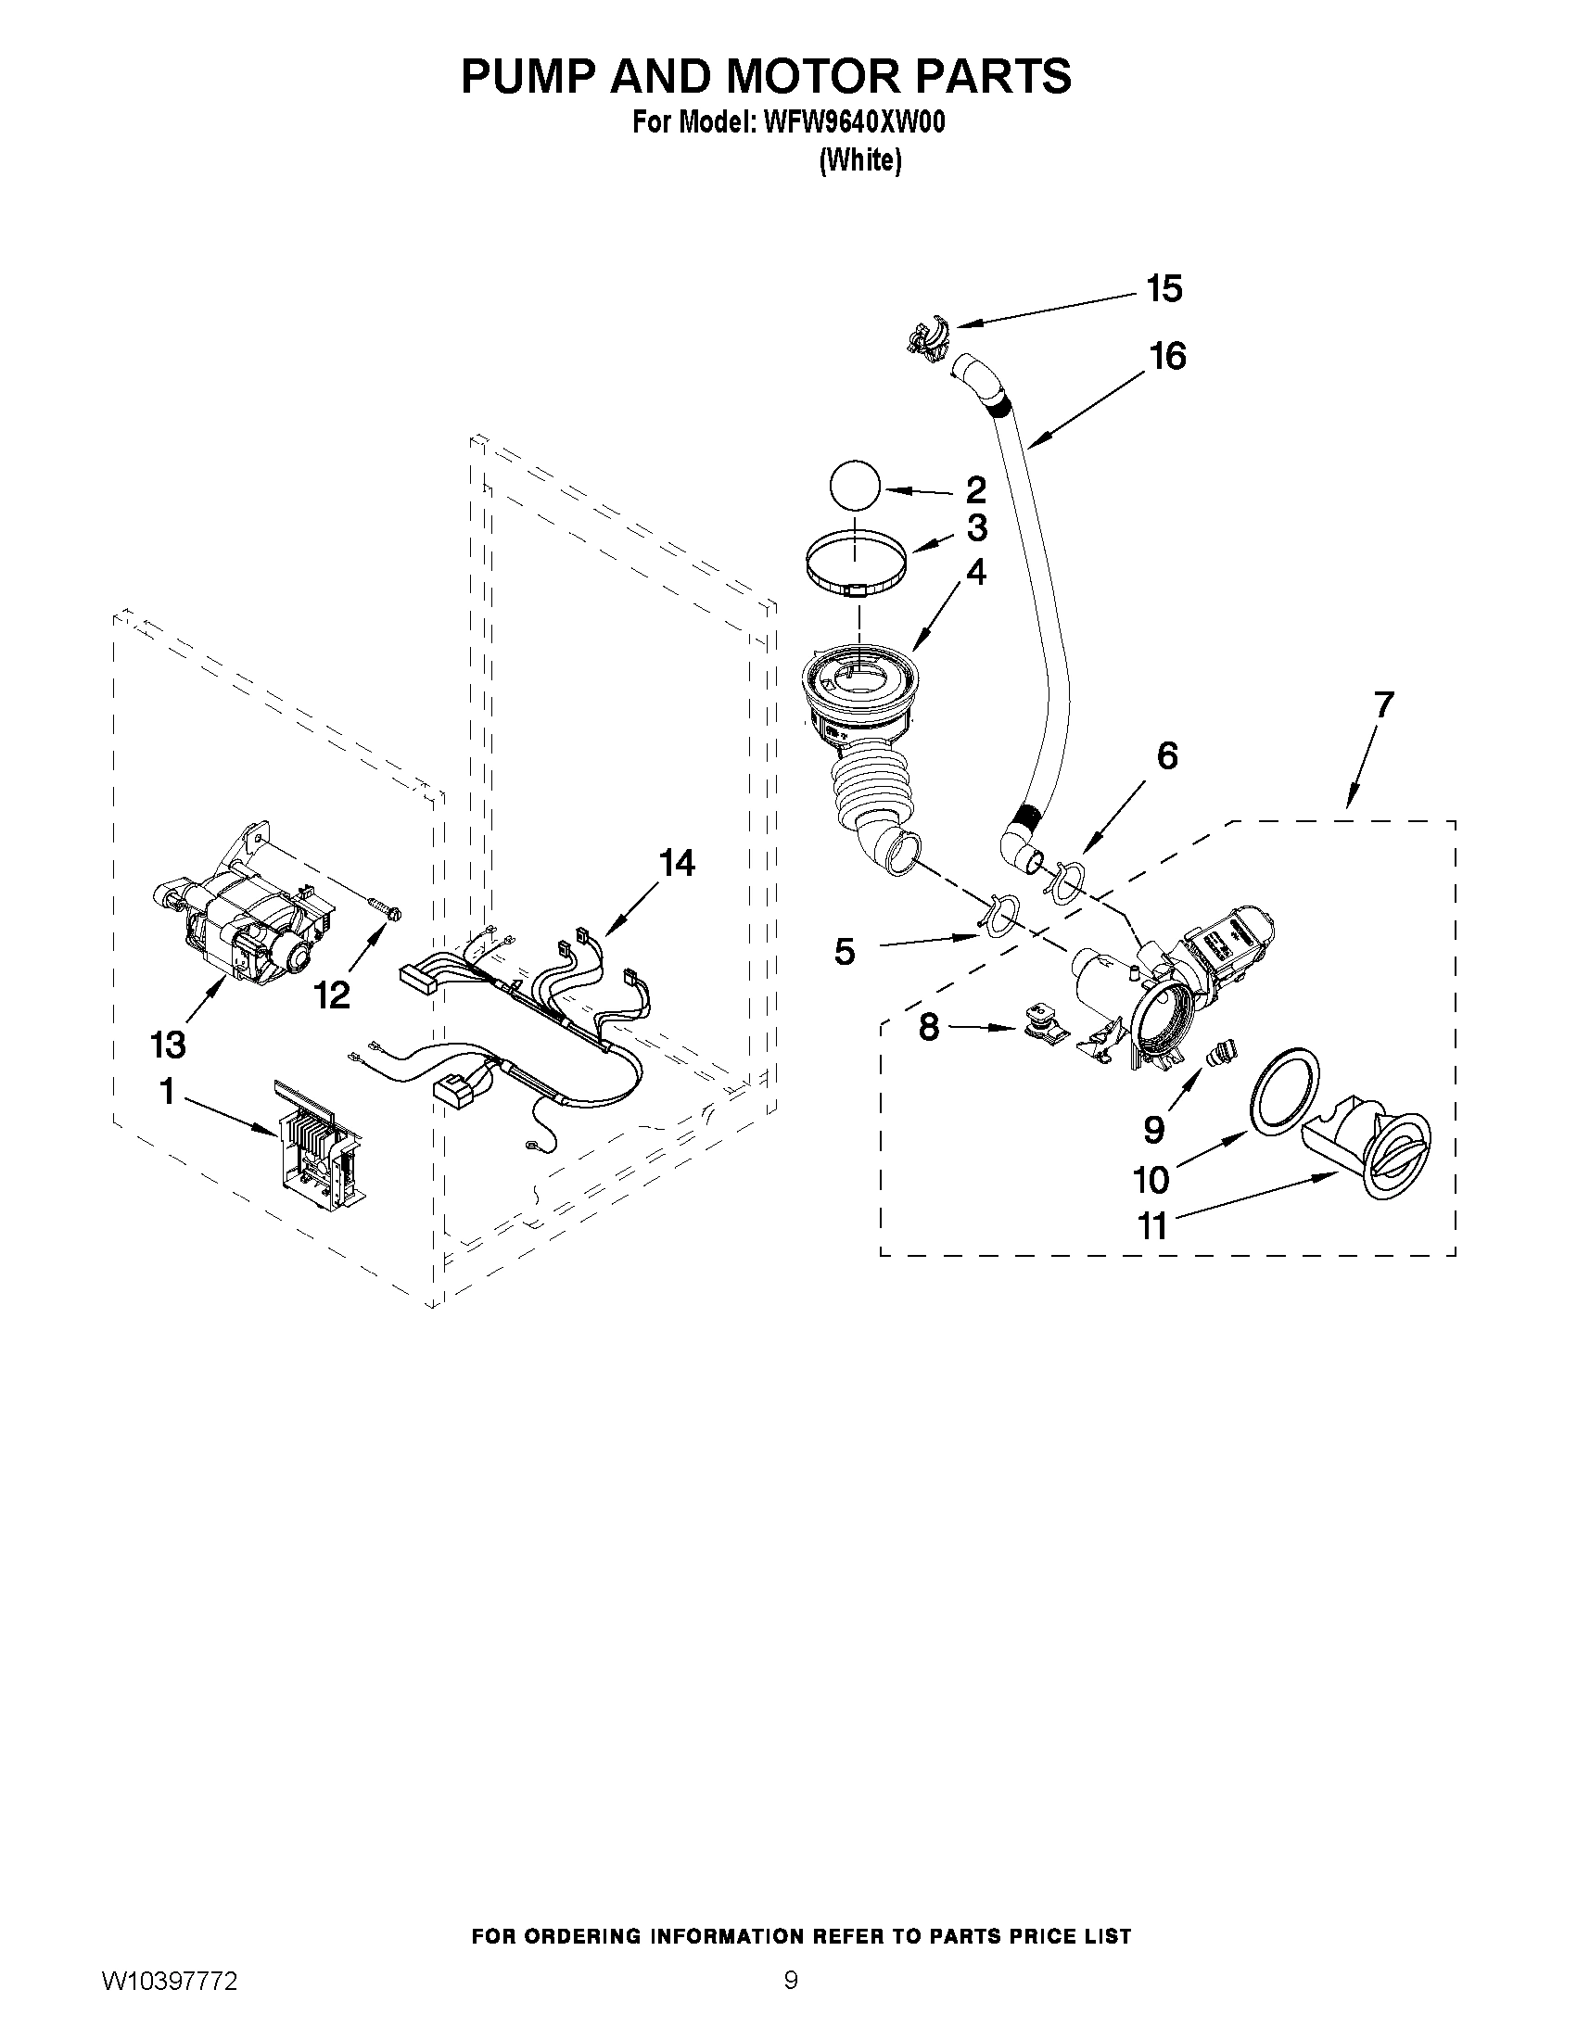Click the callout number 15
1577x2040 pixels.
(1164, 289)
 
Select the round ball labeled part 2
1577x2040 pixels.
(854, 487)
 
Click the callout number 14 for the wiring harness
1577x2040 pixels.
(677, 864)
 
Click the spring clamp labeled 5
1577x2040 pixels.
(998, 916)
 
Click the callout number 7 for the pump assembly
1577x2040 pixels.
(1381, 704)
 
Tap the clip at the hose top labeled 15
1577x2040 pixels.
(927, 336)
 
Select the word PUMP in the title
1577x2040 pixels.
(528, 76)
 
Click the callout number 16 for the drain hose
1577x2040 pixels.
(1168, 356)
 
